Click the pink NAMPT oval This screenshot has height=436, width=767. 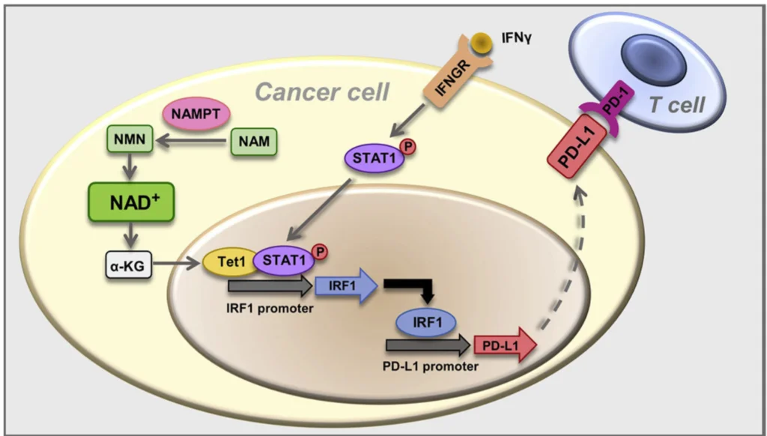[x=197, y=114]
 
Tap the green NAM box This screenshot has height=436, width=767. [x=253, y=140]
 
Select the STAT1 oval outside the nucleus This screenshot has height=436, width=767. [x=374, y=158]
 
